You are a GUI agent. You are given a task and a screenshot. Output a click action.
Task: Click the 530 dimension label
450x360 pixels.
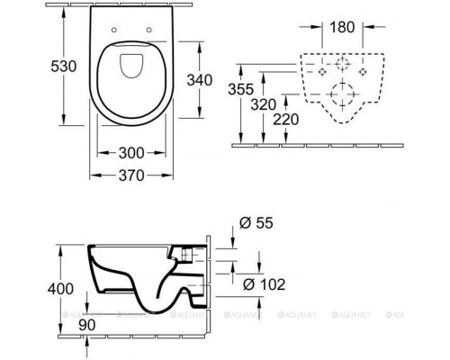64,67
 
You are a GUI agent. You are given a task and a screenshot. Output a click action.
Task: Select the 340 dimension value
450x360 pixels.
200,80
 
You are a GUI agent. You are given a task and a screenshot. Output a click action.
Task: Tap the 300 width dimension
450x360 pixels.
131,153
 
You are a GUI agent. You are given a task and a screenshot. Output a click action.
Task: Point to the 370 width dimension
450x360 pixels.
131,175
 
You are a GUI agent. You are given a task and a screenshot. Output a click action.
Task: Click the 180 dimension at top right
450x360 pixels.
342,27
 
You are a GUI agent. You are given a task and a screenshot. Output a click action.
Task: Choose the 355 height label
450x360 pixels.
241,89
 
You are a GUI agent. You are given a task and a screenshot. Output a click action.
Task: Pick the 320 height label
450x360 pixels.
264,104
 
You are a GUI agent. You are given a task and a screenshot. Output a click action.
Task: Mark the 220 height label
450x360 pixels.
286,120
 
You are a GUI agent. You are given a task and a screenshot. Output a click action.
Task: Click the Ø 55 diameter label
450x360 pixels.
256,223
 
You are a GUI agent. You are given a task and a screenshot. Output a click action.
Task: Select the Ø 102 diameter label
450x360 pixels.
264,284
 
